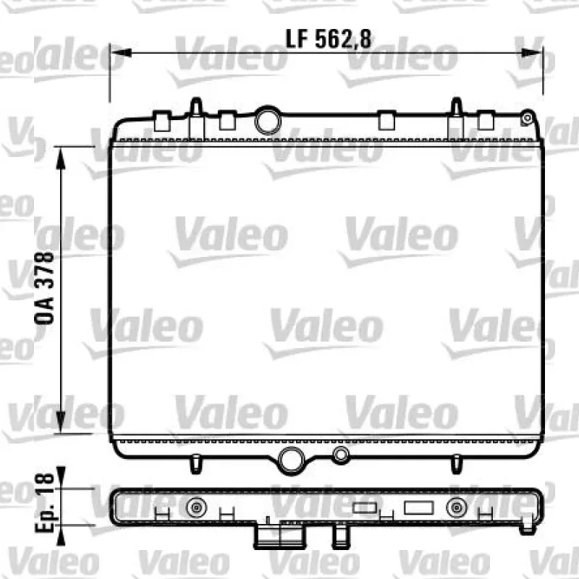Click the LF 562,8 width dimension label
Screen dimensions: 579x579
329,39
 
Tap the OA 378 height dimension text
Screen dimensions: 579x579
44,288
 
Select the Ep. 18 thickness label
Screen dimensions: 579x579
45,504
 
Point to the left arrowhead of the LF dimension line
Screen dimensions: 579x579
121,53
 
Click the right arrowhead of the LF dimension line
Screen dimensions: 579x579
532,53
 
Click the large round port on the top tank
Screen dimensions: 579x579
268,120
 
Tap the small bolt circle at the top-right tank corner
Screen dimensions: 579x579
528,118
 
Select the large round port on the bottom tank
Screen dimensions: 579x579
291,460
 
